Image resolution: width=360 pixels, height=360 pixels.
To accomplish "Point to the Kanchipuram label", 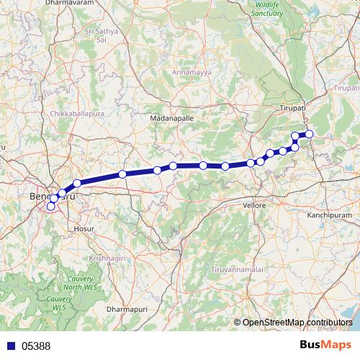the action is click(328, 215).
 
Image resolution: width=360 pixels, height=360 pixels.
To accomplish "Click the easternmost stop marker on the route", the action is click(310, 133).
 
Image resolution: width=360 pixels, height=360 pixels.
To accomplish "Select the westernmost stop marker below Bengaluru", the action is click(50, 207).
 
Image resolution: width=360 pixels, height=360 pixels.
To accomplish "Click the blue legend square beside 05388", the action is click(10, 346).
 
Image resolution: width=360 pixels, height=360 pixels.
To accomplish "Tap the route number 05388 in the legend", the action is click(36, 346).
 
